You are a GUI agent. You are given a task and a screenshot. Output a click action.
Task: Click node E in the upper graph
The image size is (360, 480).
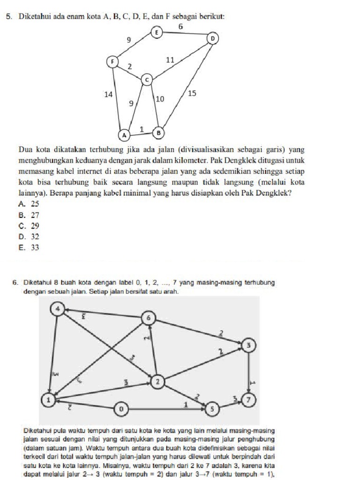[157, 32]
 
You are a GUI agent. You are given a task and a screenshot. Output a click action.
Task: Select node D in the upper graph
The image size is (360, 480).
[213, 37]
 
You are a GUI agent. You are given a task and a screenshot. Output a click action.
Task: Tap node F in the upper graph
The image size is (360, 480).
[112, 61]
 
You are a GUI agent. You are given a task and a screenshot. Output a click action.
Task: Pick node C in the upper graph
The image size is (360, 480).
[147, 80]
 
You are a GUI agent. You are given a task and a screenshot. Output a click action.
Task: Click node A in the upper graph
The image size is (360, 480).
[124, 135]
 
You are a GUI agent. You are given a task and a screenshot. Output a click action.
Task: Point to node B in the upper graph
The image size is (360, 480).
[158, 132]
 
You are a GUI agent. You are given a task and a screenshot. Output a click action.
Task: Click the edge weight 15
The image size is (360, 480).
[192, 93]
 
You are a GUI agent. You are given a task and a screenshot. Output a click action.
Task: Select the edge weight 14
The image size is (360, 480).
[108, 94]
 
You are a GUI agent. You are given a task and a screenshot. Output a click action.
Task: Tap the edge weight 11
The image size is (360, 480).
[171, 60]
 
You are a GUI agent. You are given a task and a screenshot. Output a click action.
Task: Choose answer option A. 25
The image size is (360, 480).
[29, 204]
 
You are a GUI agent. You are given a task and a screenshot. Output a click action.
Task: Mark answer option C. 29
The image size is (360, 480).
[29, 226]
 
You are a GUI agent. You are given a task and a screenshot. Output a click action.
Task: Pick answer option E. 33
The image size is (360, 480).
[29, 248]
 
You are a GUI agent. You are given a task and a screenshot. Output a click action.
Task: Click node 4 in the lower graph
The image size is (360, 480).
[58, 308]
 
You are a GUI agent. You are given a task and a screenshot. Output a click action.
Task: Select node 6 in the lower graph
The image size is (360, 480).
[149, 318]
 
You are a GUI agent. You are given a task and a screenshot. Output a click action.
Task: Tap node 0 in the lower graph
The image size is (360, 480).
[122, 409]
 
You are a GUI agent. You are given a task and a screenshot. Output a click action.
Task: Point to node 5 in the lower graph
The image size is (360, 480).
[212, 409]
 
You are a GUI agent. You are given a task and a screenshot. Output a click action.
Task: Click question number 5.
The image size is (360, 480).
[8, 16]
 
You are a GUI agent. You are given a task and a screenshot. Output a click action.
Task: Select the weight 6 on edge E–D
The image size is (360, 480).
[180, 27]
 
